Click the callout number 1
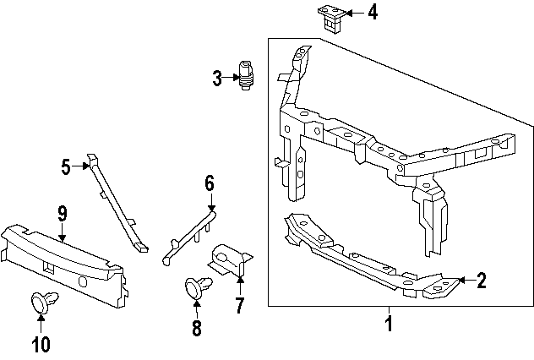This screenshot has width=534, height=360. coord(389,323)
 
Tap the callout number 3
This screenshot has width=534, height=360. coord(217,79)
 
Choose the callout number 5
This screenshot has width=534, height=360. coord(66,166)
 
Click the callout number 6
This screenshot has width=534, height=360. coord(210,183)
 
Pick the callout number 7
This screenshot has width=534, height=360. coord(239,306)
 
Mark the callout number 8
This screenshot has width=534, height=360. coord(197,329)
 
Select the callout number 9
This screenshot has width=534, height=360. coord(62,214)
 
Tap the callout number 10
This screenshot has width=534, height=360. coord(41,344)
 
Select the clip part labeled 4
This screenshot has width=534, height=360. coord(331,17)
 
